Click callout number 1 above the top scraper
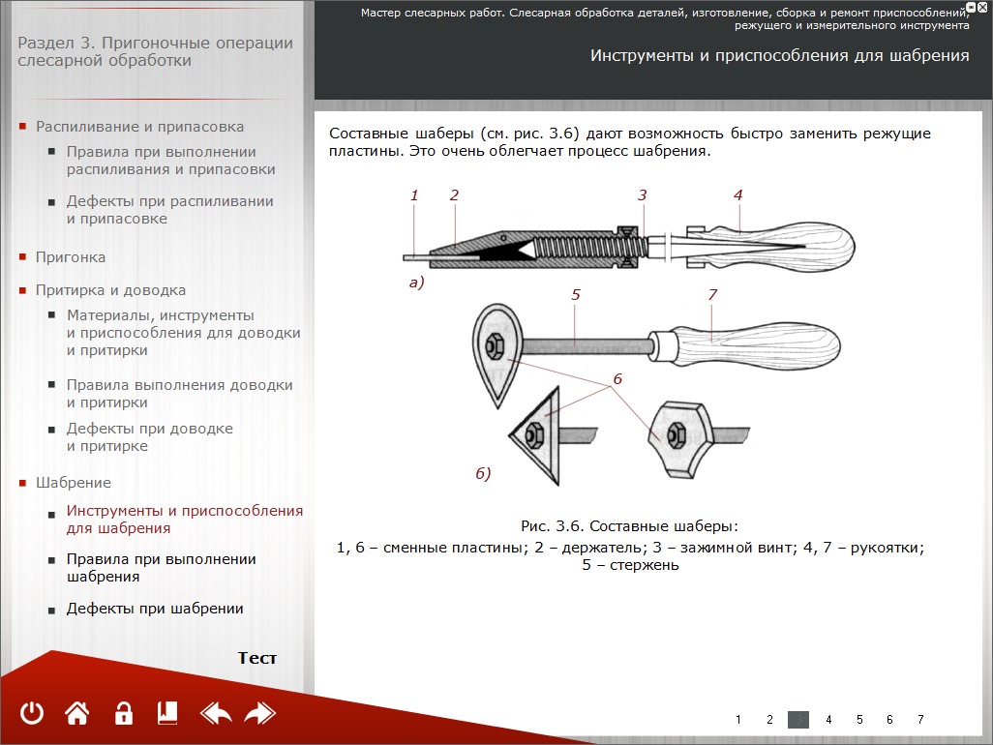click(x=414, y=195)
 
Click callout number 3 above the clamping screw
click(x=642, y=195)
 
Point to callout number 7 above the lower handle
click(x=712, y=294)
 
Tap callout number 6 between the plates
click(x=617, y=379)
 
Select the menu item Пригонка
click(x=71, y=257)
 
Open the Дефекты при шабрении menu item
click(x=155, y=609)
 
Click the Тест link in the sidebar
click(x=257, y=658)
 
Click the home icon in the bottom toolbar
click(x=77, y=714)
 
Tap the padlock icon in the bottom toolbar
click(x=123, y=714)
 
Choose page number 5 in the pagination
click(x=858, y=720)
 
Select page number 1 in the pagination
click(x=738, y=720)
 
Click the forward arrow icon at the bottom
click(x=260, y=714)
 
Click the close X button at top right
click(x=981, y=7)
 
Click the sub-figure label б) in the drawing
click(x=483, y=473)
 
